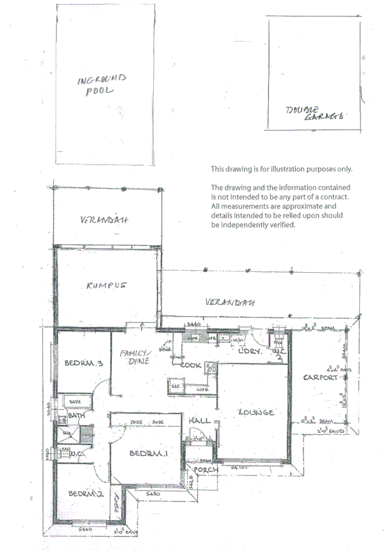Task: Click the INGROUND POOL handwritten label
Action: tap(101, 86)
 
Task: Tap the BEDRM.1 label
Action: tap(146, 454)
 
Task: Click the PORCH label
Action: tap(204, 469)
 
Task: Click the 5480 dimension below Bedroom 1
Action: tap(153, 492)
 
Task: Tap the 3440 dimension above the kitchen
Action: tap(193, 325)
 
